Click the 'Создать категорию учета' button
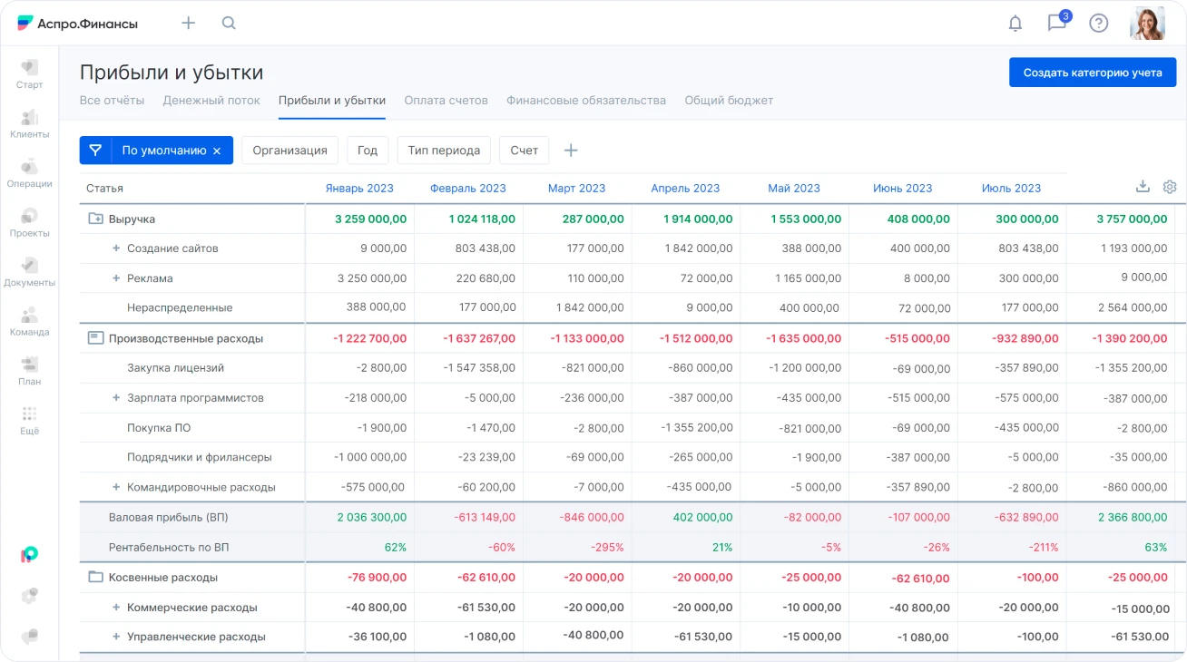(x=1092, y=73)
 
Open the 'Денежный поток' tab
(x=211, y=101)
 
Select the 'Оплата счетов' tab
(x=446, y=101)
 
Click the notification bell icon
(x=1015, y=24)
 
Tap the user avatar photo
(x=1146, y=24)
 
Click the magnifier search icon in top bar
(x=229, y=24)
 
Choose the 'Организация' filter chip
(x=289, y=151)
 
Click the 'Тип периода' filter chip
(x=444, y=151)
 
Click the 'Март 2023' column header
(x=576, y=189)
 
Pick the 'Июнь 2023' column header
(x=902, y=189)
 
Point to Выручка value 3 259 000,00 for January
(x=370, y=219)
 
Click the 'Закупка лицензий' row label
(x=175, y=368)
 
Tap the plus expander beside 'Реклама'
(x=116, y=278)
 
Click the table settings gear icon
(x=1170, y=187)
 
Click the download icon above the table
(x=1143, y=187)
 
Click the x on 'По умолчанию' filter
(x=217, y=151)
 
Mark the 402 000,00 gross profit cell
(x=701, y=518)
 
